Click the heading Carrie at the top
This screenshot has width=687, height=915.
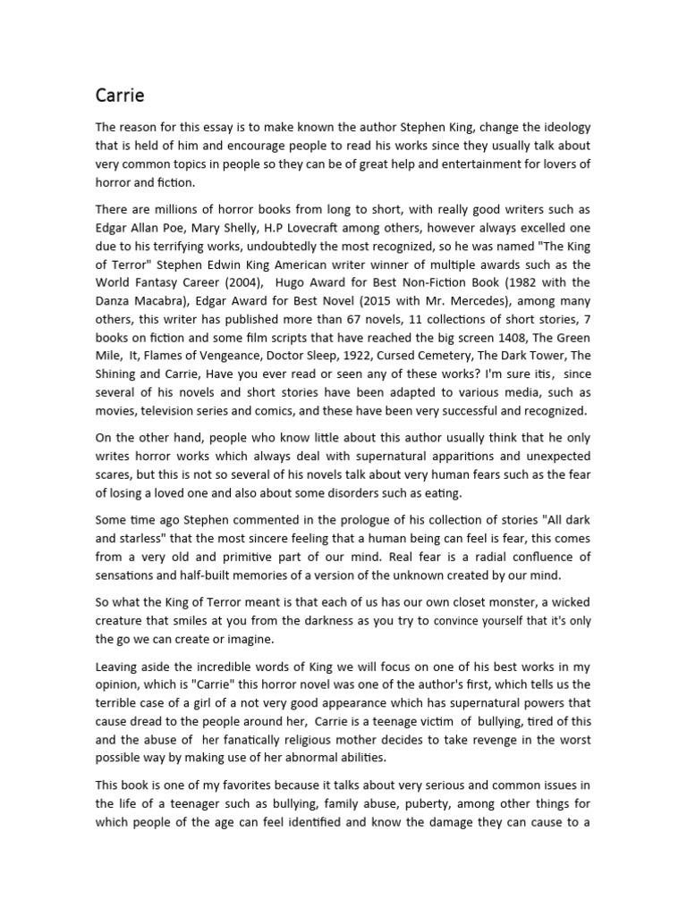tap(120, 95)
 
